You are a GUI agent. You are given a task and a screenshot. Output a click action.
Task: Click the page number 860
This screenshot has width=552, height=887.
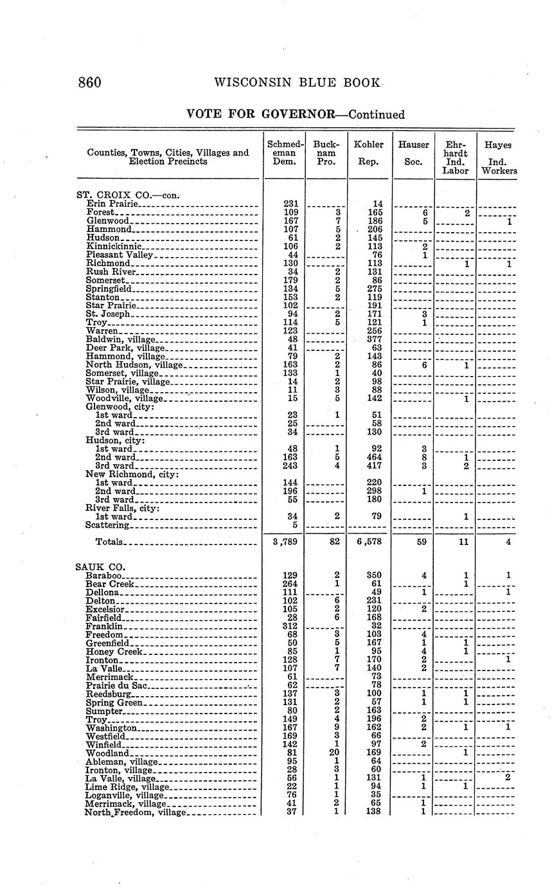pyautogui.click(x=90, y=82)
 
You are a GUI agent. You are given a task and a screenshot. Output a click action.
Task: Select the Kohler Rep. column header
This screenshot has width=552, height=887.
pyautogui.click(x=369, y=153)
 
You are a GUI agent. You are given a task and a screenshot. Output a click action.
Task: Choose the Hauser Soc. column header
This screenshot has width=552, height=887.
pyautogui.click(x=413, y=153)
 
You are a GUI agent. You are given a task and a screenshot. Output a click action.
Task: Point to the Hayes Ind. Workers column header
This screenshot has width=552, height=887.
pyautogui.click(x=498, y=158)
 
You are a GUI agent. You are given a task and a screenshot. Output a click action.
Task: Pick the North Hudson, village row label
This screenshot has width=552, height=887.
pyautogui.click(x=134, y=365)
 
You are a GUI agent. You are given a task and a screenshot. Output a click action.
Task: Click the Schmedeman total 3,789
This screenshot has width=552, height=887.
pyautogui.click(x=284, y=542)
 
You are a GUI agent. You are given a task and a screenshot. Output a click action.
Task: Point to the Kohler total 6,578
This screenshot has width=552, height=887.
pyautogui.click(x=369, y=542)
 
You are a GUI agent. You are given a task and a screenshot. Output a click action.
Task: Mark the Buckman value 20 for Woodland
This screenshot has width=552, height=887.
pyautogui.click(x=334, y=753)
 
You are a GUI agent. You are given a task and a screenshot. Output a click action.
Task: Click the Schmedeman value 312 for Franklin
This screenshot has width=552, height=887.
pyautogui.click(x=290, y=625)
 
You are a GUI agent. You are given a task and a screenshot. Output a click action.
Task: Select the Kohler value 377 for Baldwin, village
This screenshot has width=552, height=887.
pyautogui.click(x=374, y=339)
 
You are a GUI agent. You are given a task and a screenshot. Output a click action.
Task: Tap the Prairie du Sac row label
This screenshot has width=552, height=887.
pyautogui.click(x=116, y=685)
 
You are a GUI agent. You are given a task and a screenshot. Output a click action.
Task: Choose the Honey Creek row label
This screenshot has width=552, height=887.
pyautogui.click(x=113, y=651)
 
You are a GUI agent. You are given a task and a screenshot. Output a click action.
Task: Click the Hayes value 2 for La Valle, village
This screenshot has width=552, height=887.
pyautogui.click(x=508, y=778)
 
